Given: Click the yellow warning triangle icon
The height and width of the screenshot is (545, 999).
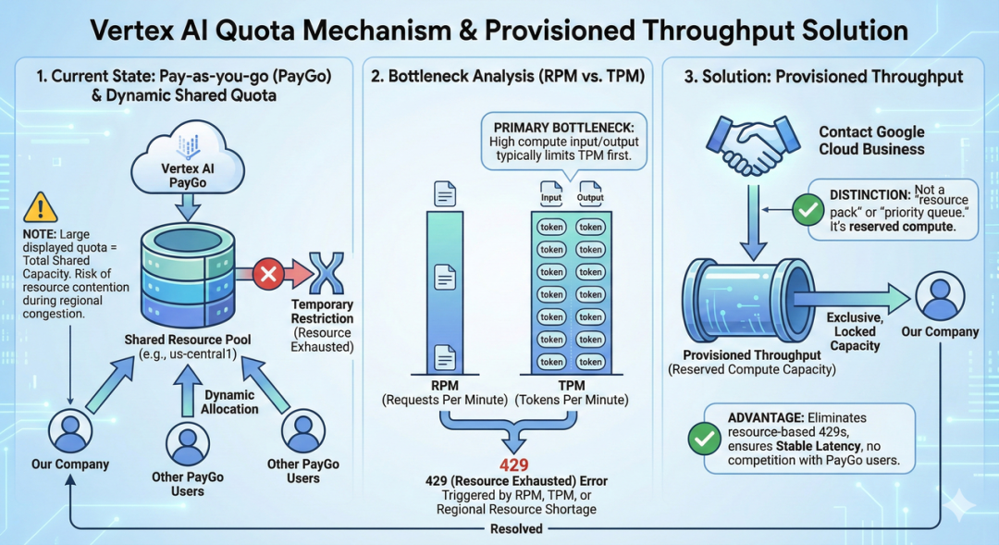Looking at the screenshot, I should tap(40, 208).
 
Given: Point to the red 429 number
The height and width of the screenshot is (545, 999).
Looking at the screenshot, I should tap(514, 464).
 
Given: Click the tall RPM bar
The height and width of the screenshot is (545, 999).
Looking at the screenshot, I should tap(446, 291).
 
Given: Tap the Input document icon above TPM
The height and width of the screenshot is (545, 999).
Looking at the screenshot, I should tap(551, 192).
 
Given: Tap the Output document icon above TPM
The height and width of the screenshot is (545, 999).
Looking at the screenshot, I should tap(590, 192).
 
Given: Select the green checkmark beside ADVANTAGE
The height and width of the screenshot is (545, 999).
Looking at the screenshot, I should tap(705, 438).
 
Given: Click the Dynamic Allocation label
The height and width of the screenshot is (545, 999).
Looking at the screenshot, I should tap(229, 403).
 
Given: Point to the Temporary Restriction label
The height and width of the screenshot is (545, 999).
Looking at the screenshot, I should tap(322, 311).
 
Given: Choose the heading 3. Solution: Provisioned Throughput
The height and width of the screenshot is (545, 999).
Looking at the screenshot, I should tap(822, 77).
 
